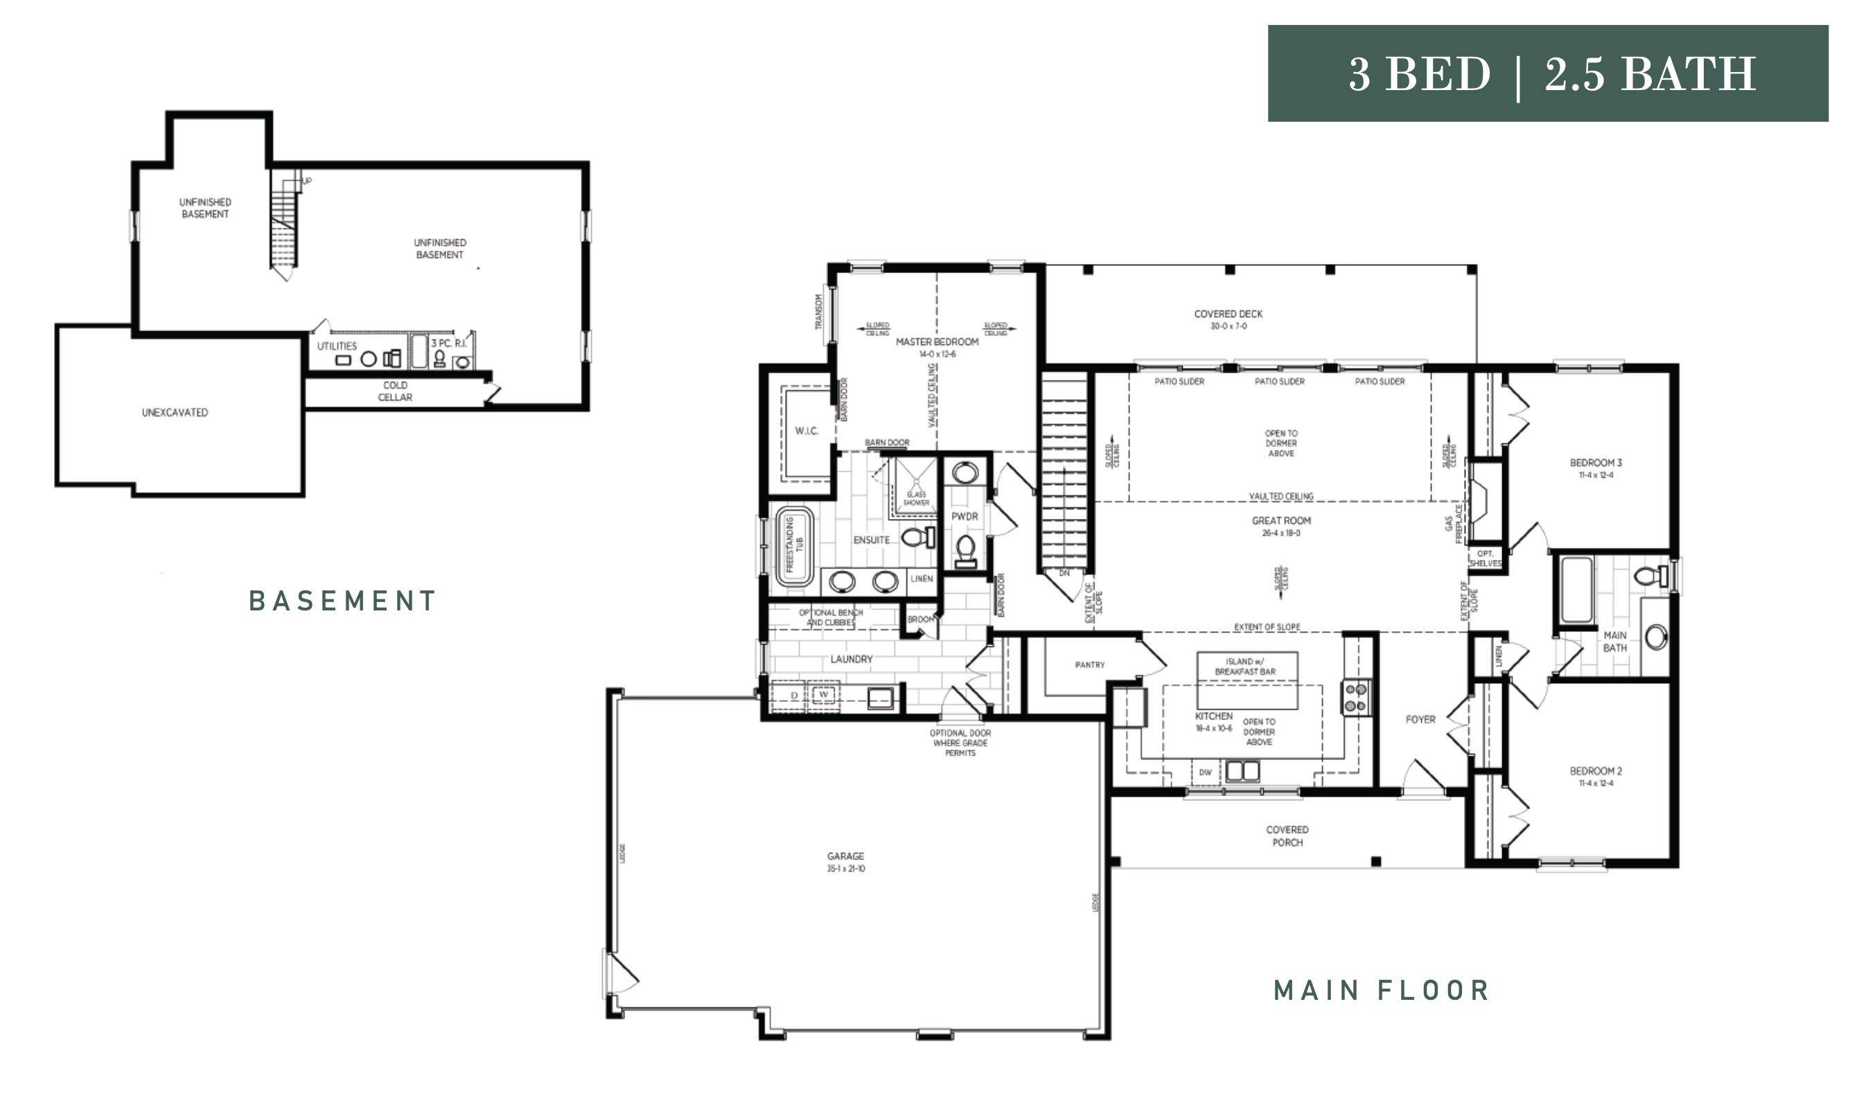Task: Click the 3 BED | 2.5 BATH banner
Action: pos(1547,73)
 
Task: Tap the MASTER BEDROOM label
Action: pos(936,342)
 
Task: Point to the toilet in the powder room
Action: pos(965,549)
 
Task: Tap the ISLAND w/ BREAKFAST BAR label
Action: pos(1244,667)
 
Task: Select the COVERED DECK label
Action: pos(1228,315)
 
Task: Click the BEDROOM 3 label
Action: pos(1595,463)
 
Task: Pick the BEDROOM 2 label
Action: pos(1595,772)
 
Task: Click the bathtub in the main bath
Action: pos(1576,590)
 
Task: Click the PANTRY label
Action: pos(1089,665)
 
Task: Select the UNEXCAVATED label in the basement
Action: pos(175,412)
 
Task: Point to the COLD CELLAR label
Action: pos(395,391)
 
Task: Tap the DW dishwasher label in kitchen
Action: pos(1205,773)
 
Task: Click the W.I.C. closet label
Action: pos(807,431)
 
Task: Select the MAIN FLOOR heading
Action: pos(1381,990)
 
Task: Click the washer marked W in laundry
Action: pos(823,695)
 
